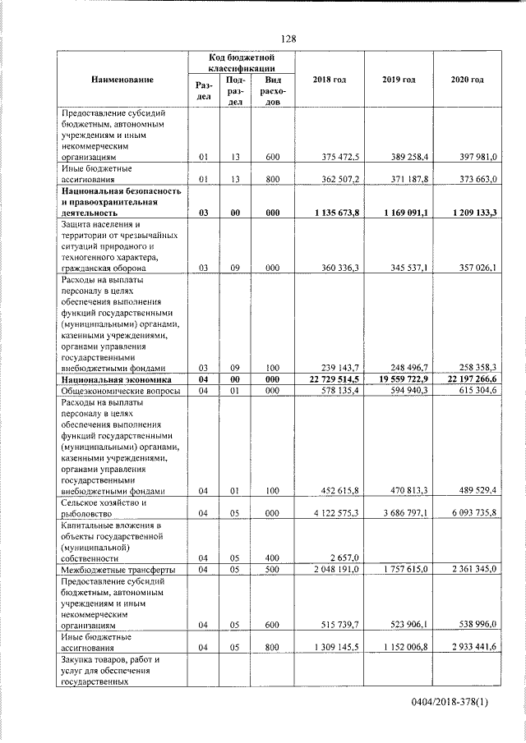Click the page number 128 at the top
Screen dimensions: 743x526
click(288, 39)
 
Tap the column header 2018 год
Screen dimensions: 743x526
click(329, 79)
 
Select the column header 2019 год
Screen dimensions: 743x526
click(399, 79)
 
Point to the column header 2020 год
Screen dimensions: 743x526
click(468, 79)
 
